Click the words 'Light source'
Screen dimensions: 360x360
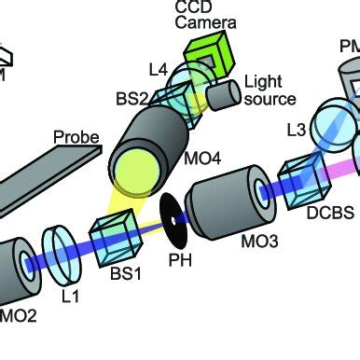(x=269, y=90)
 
